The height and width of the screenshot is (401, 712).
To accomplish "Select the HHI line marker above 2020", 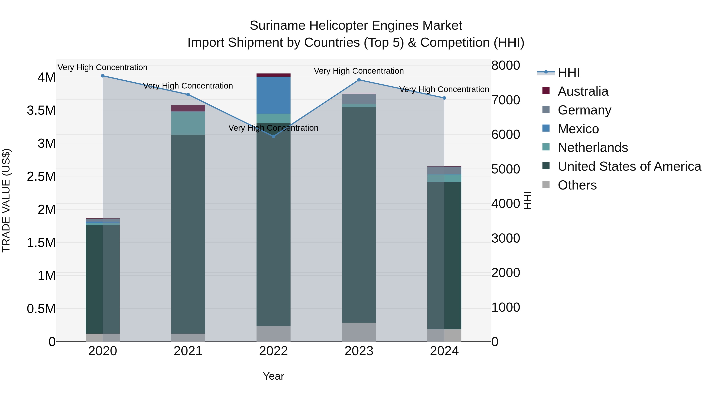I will click(x=102, y=76).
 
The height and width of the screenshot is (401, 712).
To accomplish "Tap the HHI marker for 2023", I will click(x=359, y=80).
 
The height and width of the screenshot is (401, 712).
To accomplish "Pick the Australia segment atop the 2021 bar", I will click(x=188, y=108).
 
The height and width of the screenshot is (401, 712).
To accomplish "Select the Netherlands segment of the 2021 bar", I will click(x=188, y=123).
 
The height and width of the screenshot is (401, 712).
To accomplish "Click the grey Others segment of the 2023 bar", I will click(x=359, y=332).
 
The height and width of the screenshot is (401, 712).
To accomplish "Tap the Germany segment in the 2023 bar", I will click(x=359, y=99).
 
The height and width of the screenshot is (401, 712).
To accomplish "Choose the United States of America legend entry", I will click(x=629, y=166).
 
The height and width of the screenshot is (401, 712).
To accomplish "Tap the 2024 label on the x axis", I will click(x=444, y=351).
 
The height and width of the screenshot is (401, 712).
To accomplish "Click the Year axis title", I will click(x=273, y=376).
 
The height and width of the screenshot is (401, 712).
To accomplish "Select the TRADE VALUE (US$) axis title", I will click(x=6, y=200).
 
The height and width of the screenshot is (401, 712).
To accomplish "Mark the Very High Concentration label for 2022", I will click(x=273, y=128).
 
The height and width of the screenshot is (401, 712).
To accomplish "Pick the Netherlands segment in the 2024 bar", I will click(x=444, y=178).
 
